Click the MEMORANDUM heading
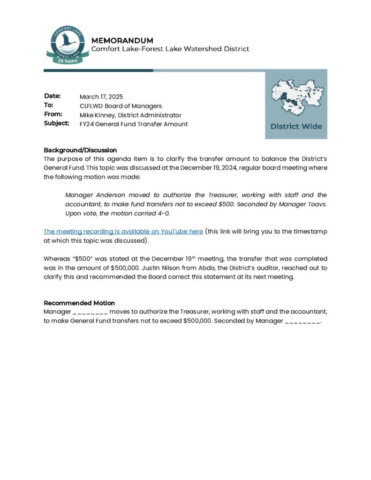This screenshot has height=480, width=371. [x=122, y=40]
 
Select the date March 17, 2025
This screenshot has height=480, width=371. [x=101, y=97]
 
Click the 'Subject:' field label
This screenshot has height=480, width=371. [x=57, y=124]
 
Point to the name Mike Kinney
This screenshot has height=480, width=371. [x=97, y=115]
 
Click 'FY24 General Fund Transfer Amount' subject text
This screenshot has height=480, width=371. [x=134, y=124]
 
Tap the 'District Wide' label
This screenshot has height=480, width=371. [x=296, y=126]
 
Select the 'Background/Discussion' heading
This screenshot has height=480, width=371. [x=80, y=150]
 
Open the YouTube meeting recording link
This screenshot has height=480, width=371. [x=123, y=232]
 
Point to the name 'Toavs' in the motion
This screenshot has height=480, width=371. [x=317, y=204]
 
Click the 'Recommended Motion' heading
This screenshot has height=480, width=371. [x=79, y=303]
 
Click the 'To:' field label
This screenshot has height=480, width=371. [x=49, y=105]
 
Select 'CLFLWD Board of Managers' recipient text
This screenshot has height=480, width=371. [x=121, y=106]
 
